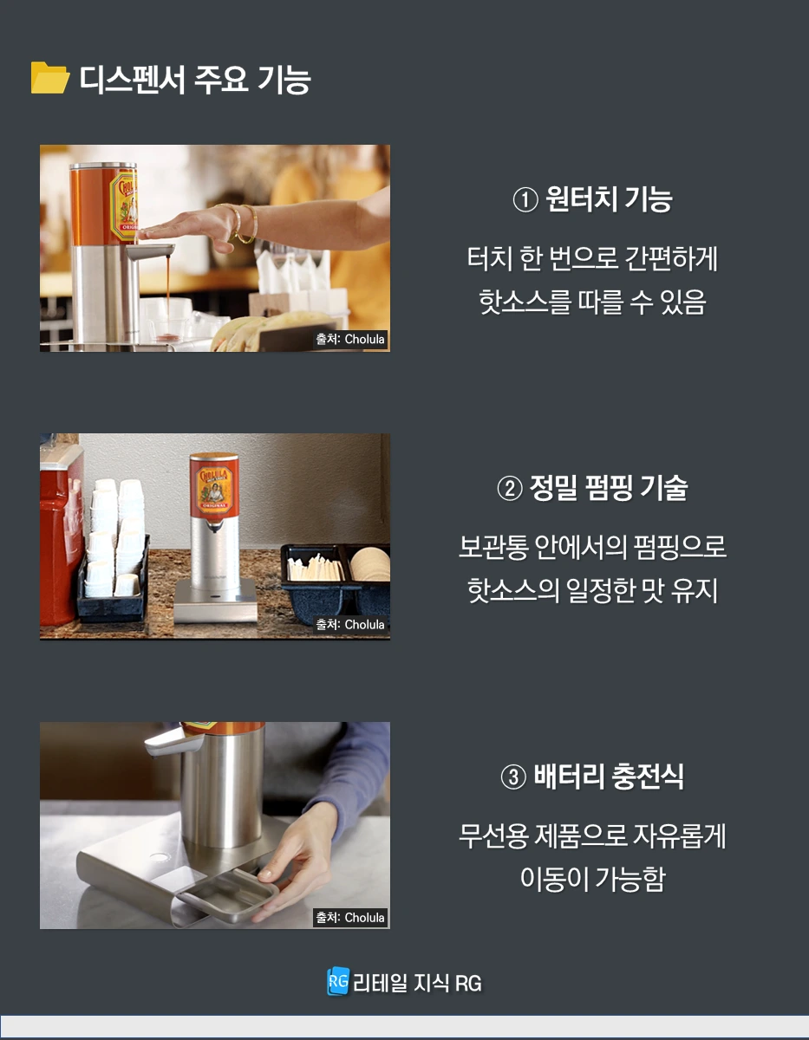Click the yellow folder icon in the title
point(49,78)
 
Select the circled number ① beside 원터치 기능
point(525,200)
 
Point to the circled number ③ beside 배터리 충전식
point(513,777)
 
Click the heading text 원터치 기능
point(609,200)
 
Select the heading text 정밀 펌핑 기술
point(608,489)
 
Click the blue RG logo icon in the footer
point(337,982)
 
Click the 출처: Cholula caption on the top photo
point(350,339)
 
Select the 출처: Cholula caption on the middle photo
point(350,624)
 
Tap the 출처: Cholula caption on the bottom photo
point(350,917)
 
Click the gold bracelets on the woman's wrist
point(244,223)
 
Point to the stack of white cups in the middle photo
point(116,535)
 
